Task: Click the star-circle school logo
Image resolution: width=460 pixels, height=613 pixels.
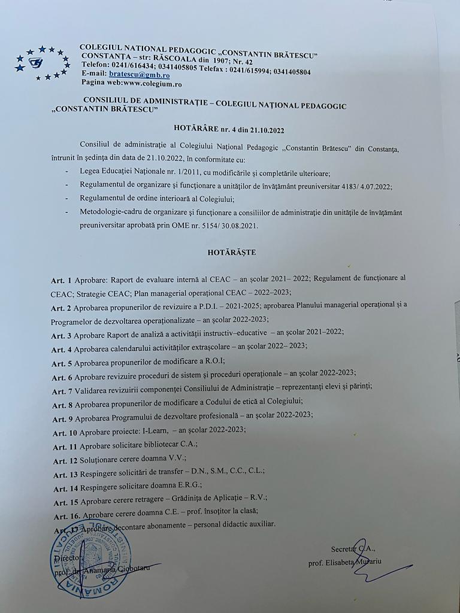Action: pos(40,63)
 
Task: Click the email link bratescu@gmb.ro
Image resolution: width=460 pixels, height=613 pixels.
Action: pos(139,74)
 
